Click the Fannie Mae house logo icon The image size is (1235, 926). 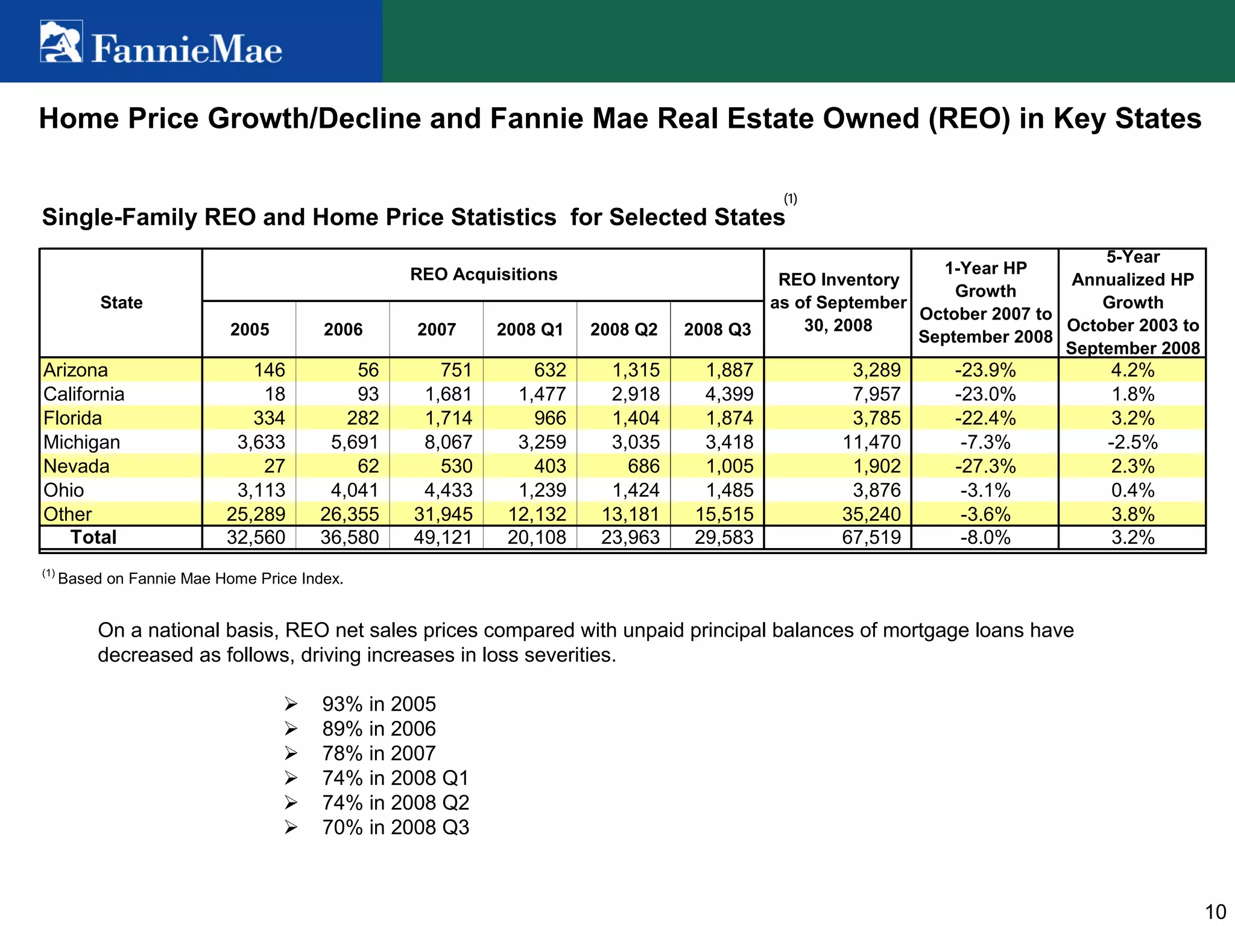(x=61, y=42)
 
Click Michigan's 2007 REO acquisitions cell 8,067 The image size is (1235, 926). (x=448, y=443)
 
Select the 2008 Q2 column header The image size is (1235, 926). (x=624, y=330)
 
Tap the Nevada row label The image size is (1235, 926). (x=77, y=467)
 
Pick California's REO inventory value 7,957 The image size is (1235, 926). (x=876, y=394)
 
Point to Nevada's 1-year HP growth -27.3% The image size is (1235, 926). (x=985, y=467)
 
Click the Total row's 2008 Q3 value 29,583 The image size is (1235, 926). (x=724, y=537)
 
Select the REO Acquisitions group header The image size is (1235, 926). (x=484, y=275)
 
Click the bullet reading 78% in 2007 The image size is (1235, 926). (x=378, y=754)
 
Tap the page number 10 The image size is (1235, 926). (x=1215, y=912)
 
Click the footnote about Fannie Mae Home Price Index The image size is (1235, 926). (x=200, y=579)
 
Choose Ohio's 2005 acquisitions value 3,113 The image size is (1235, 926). (x=261, y=491)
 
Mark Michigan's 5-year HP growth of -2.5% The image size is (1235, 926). (x=1132, y=443)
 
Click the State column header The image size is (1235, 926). (x=121, y=303)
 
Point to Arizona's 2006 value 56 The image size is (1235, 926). (x=368, y=370)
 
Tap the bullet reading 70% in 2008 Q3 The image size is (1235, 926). (x=395, y=828)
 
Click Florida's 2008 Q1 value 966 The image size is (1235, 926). (x=550, y=418)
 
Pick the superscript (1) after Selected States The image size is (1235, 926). (x=790, y=199)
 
